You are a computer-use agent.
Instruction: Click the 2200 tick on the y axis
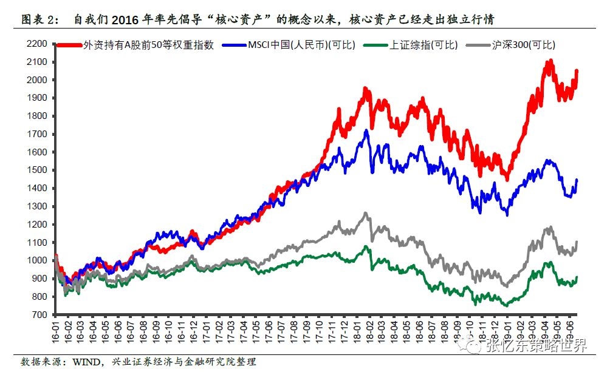coord(38,44)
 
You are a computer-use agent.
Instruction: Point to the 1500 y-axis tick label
coord(38,170)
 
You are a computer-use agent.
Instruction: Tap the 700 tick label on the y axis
coord(40,314)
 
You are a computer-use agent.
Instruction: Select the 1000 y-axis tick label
coord(38,260)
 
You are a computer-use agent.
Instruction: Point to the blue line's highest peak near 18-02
coord(366,130)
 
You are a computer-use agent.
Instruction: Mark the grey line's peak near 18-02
coord(365,213)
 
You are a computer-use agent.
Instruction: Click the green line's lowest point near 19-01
coord(506,305)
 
